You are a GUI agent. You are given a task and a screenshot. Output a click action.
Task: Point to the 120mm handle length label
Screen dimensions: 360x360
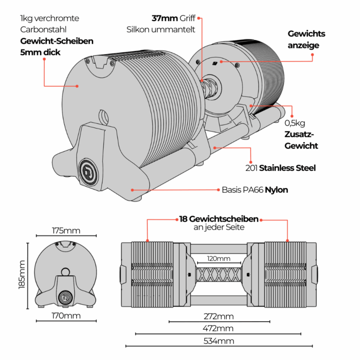tap(219, 258)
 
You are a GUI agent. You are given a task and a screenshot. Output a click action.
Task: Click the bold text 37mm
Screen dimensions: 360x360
tap(163, 18)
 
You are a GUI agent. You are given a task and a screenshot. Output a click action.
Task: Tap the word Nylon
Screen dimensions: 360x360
tap(276, 190)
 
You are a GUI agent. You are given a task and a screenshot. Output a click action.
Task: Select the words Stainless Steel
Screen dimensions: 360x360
tap(287, 168)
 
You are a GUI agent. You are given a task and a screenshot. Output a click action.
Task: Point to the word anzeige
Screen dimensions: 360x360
tap(303, 45)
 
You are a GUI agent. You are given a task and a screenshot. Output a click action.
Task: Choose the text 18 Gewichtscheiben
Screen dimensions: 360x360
tap(219, 219)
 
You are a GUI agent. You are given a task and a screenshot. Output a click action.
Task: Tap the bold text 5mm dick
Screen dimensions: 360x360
tap(41, 52)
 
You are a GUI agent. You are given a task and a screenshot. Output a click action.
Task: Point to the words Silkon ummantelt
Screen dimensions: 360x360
tap(161, 29)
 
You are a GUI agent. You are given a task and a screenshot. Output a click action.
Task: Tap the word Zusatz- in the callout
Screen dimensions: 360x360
tap(299, 135)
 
